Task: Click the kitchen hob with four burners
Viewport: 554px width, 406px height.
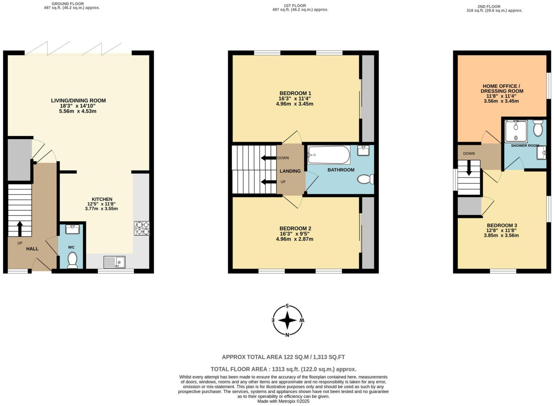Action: coord(142,228)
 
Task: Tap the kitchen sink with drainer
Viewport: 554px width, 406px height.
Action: coord(114,262)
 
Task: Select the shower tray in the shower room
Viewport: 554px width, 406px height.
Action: coord(516,131)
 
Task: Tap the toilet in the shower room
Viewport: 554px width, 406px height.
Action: coord(538,128)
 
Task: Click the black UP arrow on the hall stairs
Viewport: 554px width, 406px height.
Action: coord(20,229)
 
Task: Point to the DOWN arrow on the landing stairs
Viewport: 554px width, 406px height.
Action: coord(267,158)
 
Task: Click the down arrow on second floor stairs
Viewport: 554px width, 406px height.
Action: coord(469,167)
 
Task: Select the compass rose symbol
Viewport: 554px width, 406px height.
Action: coord(287,320)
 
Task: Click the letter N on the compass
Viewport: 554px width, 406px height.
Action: coord(287,335)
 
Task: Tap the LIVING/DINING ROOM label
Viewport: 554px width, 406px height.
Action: coord(78,101)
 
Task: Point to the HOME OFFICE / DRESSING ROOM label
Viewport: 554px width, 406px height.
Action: coord(502,88)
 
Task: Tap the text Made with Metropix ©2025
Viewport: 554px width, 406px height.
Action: coord(283,401)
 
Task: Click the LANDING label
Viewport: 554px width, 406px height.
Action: coord(290,171)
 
